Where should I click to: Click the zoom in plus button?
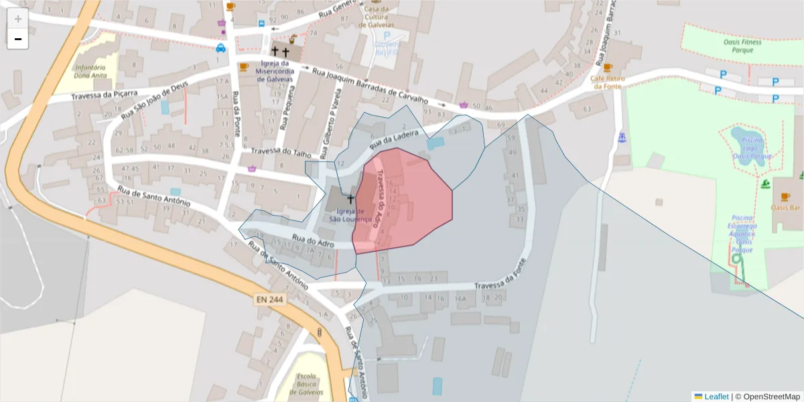coord(18,19)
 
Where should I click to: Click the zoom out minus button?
coord(18,39)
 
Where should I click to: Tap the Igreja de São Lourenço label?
coord(350,214)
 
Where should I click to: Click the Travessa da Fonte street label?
coord(497,285)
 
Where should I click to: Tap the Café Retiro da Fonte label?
coord(607,82)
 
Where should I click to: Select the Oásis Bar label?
coord(786,207)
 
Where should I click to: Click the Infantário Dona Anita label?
coord(90,72)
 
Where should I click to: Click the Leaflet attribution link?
coord(716,397)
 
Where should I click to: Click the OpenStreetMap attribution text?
coord(767,397)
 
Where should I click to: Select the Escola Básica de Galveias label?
coord(310,384)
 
